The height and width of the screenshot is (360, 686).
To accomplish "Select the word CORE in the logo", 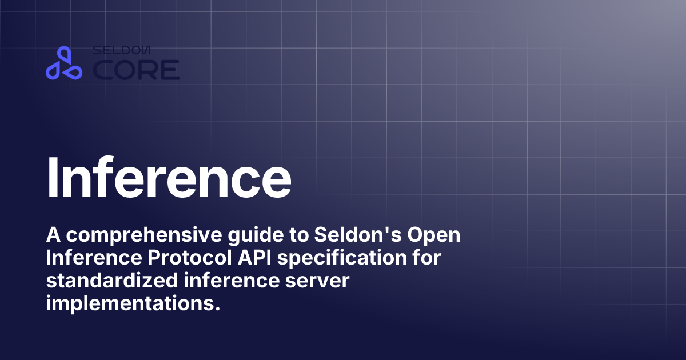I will coord(136,70).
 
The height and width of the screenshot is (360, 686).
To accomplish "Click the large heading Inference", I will coord(169,175).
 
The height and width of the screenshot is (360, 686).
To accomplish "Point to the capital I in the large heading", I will coord(54,175).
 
